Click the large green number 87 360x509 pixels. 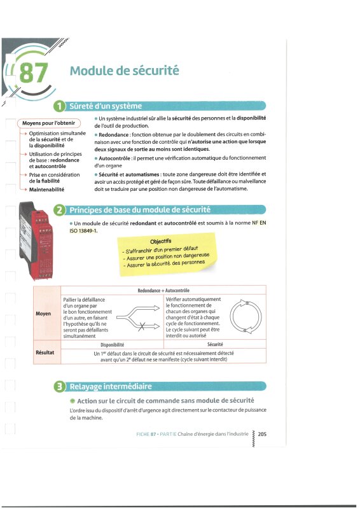click(x=34, y=73)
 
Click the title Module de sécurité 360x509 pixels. click(x=124, y=71)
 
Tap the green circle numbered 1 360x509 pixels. click(x=60, y=106)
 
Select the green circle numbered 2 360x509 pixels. click(x=60, y=210)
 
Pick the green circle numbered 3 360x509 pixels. click(x=60, y=387)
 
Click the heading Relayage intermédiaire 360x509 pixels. click(x=111, y=387)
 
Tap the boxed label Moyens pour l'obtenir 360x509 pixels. click(x=49, y=123)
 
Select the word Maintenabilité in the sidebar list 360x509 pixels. click(x=46, y=189)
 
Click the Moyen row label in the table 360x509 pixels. click(x=43, y=314)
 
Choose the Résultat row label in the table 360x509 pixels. click(x=45, y=352)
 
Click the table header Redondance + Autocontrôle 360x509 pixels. click(x=163, y=291)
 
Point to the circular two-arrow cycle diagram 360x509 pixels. click(x=246, y=316)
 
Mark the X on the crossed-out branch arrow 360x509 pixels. click(x=142, y=326)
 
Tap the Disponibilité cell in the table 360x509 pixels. click(x=113, y=345)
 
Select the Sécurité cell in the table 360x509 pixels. click(x=215, y=344)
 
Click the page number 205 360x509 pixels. click(x=262, y=434)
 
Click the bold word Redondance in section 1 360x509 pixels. click(x=114, y=134)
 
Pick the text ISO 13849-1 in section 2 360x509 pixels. click(x=83, y=231)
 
